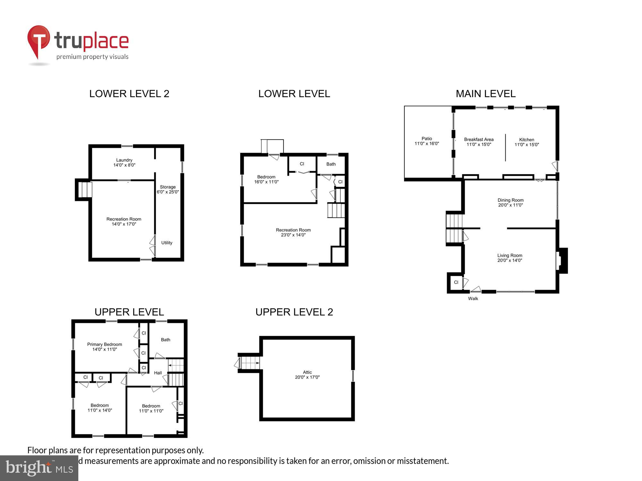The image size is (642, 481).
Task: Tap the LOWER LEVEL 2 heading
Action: (129, 94)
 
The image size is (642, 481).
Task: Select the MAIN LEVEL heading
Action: (485, 94)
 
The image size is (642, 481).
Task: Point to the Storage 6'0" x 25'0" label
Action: (168, 189)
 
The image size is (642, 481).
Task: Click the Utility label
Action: (167, 243)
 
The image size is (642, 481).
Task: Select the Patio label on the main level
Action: (427, 141)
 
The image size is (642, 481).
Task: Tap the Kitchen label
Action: (526, 142)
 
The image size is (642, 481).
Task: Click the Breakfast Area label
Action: (479, 142)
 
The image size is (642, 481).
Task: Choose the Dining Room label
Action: (510, 202)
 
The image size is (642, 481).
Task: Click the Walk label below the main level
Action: (473, 299)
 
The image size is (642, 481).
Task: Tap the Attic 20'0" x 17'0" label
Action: (307, 375)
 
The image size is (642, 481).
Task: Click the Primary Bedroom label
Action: (104, 347)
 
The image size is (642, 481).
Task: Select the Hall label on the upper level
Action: (158, 373)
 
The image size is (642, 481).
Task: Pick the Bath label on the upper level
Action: (166, 340)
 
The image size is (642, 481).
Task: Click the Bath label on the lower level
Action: (331, 164)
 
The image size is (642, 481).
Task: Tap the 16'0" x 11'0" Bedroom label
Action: (266, 179)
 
